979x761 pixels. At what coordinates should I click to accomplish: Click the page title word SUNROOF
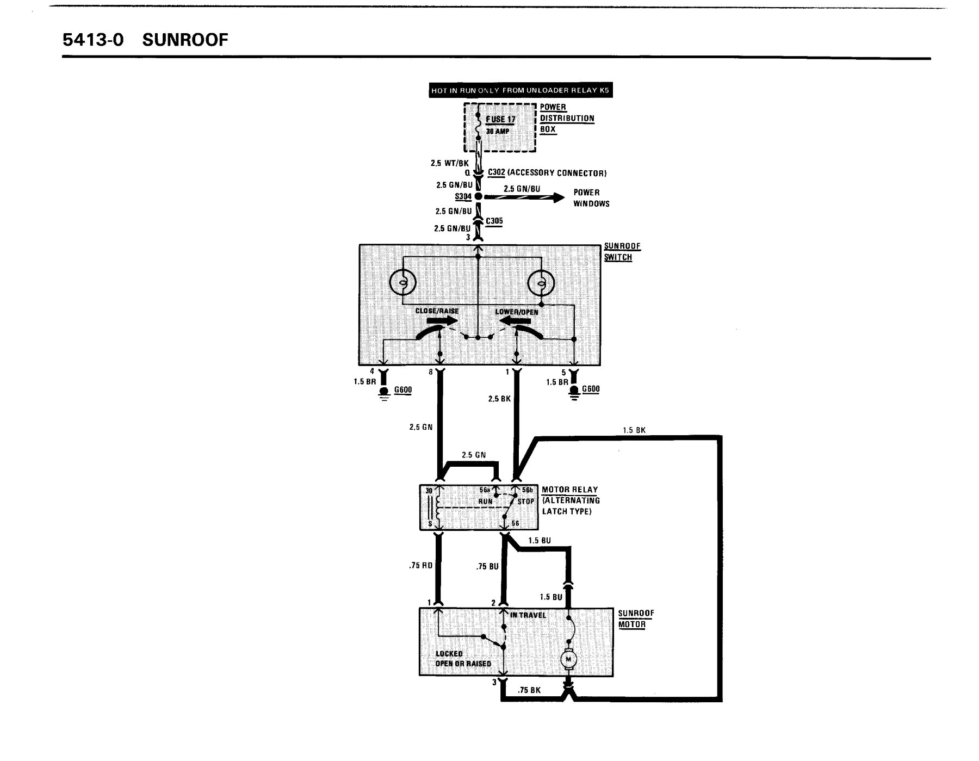pyautogui.click(x=185, y=40)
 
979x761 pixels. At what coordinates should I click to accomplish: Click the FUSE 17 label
pyautogui.click(x=500, y=120)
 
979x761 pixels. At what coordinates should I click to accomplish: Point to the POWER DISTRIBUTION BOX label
pyautogui.click(x=567, y=118)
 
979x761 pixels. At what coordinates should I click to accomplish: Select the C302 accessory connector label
pyautogui.click(x=547, y=173)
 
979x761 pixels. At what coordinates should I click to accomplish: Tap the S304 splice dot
pyautogui.click(x=478, y=196)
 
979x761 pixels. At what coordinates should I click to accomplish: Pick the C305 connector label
pyautogui.click(x=494, y=221)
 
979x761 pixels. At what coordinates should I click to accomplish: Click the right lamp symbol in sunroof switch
pyautogui.click(x=542, y=284)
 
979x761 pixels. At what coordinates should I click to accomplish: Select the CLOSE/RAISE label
pyautogui.click(x=437, y=311)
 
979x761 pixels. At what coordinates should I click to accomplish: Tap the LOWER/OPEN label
pyautogui.click(x=517, y=312)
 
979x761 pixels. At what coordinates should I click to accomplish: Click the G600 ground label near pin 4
pyautogui.click(x=403, y=389)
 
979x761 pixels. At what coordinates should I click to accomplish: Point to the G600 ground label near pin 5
pyautogui.click(x=591, y=389)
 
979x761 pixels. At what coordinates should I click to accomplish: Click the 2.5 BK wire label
pyautogui.click(x=499, y=399)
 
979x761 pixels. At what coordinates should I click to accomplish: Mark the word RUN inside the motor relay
pyautogui.click(x=485, y=502)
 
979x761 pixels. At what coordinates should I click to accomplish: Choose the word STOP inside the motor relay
pyautogui.click(x=525, y=502)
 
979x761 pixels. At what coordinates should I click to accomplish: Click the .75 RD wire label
pyautogui.click(x=420, y=566)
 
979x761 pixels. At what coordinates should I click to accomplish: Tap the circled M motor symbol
pyautogui.click(x=569, y=659)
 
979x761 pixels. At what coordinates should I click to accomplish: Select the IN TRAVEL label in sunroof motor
pyautogui.click(x=528, y=615)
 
